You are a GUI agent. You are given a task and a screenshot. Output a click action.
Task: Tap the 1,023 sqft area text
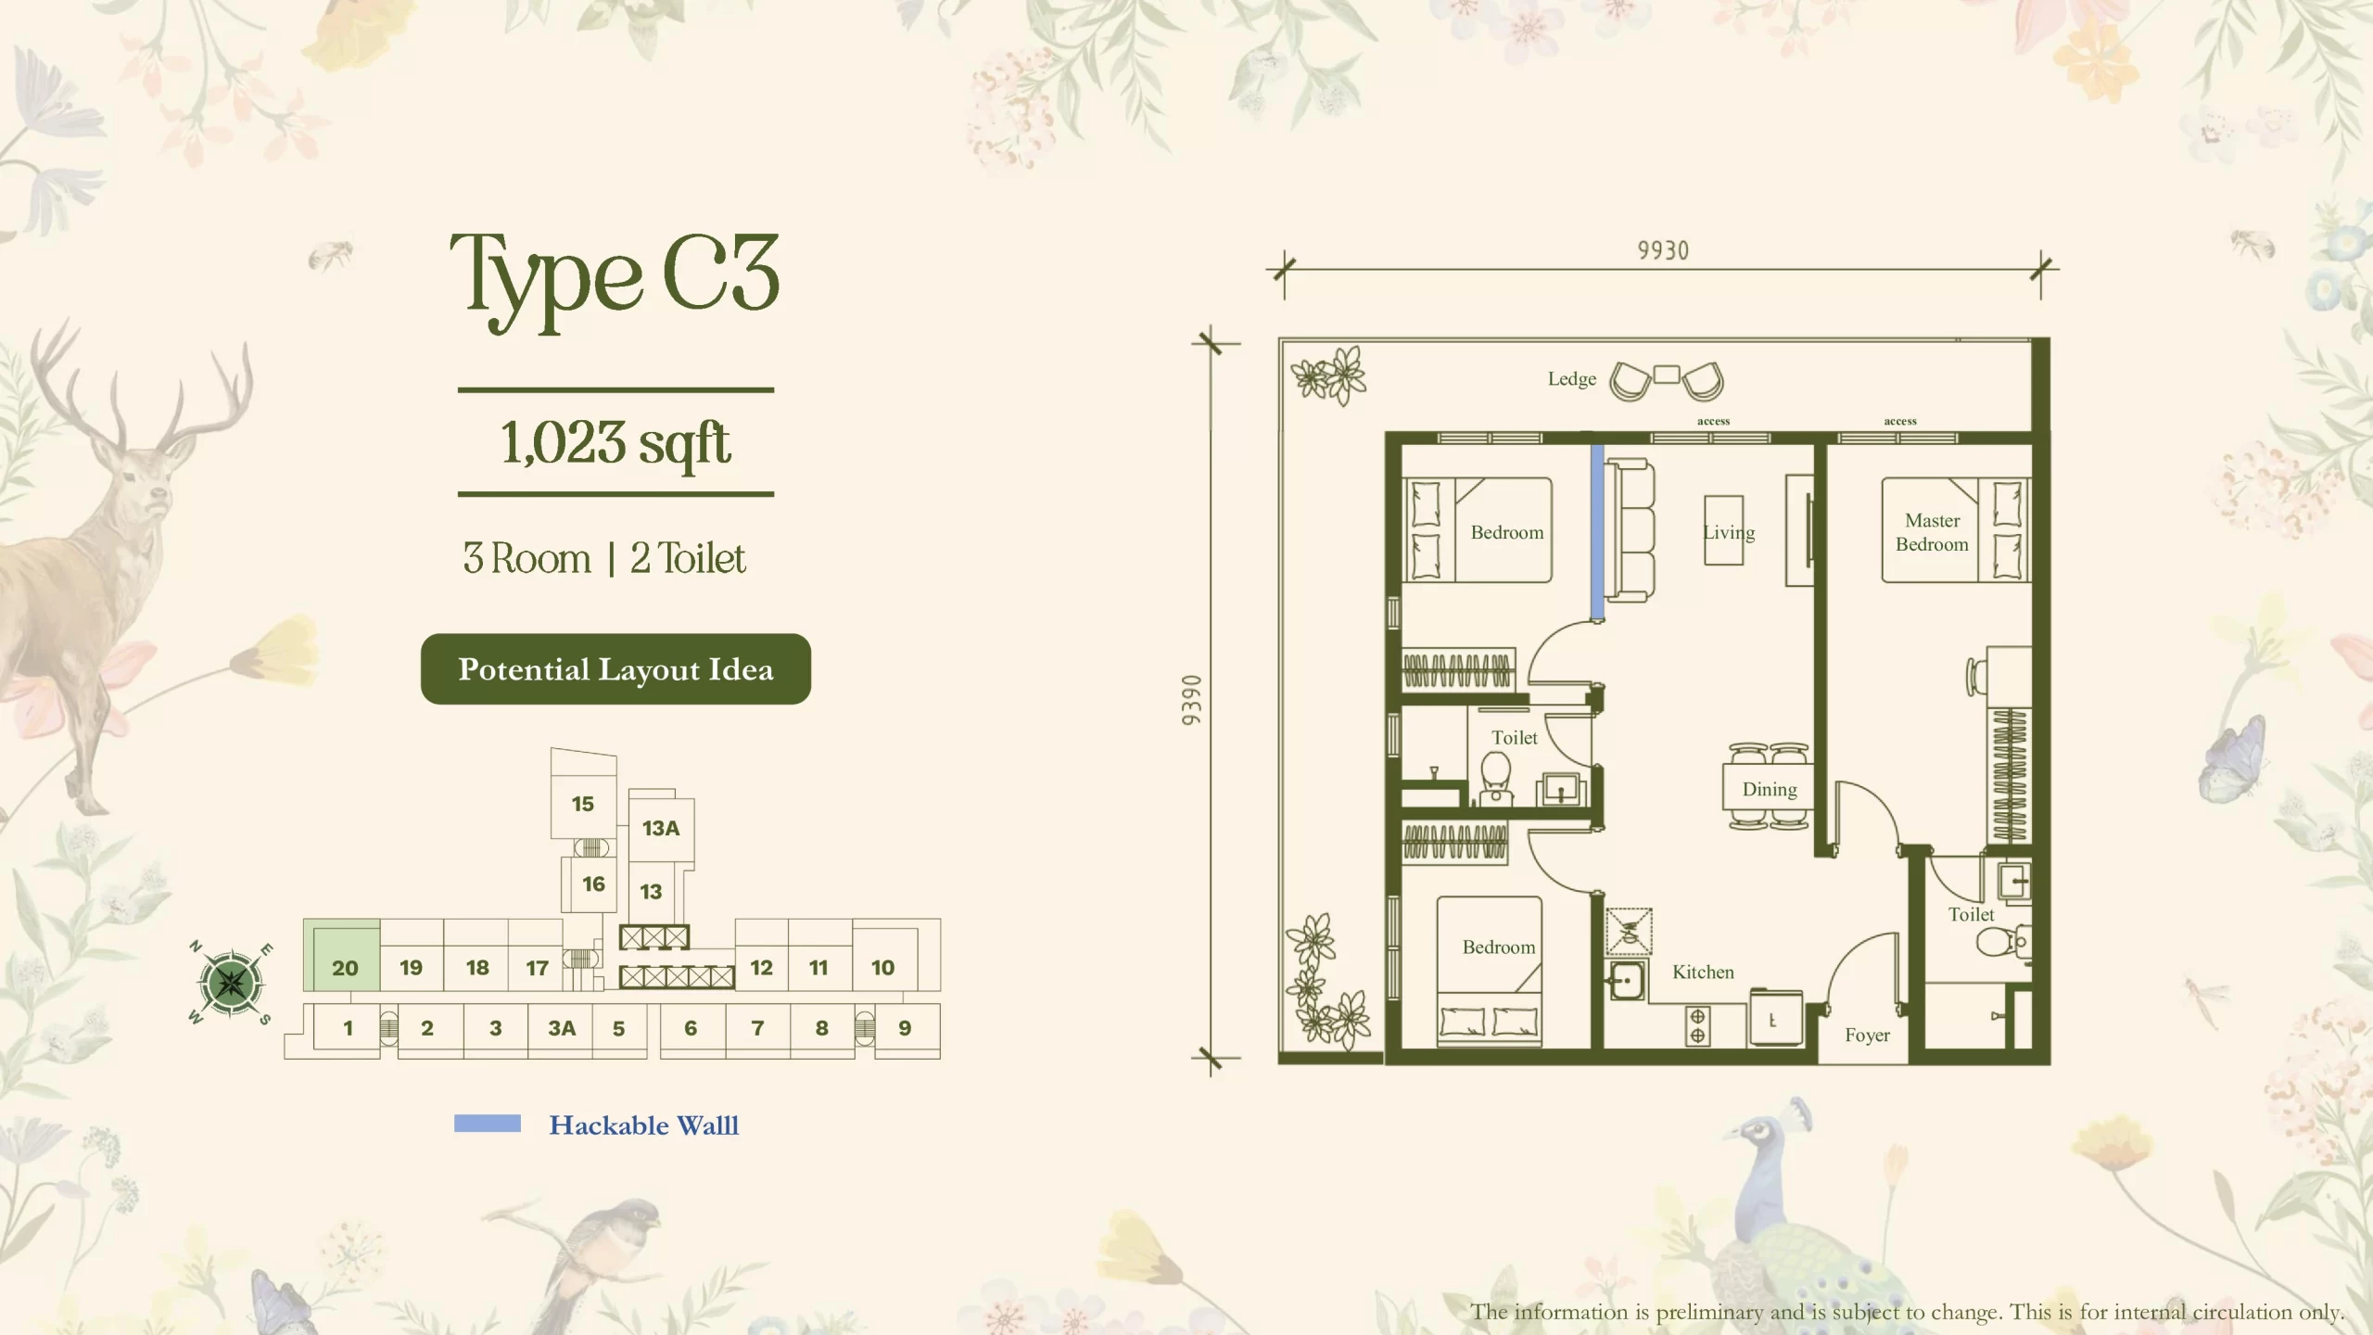tap(615, 442)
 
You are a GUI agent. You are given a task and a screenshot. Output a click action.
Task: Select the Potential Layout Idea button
tap(615, 669)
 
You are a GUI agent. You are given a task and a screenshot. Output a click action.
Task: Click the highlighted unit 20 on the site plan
tap(342, 955)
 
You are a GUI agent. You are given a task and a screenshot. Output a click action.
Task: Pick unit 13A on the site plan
tap(661, 828)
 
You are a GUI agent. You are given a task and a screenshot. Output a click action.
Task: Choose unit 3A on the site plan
tap(562, 1028)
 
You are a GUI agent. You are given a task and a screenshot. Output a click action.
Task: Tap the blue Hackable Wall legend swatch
tap(488, 1125)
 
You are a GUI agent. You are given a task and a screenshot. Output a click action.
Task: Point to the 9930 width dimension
tap(1663, 250)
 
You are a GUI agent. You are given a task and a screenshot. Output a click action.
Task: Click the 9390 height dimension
tap(1192, 700)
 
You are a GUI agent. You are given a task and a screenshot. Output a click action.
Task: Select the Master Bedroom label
tap(1932, 532)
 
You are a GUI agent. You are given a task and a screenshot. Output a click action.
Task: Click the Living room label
tap(1729, 532)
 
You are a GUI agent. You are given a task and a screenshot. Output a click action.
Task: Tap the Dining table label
tap(1770, 789)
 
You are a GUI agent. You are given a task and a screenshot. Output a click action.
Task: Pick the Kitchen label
tap(1703, 972)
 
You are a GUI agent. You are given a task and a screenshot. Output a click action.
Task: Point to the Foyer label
tap(1867, 1035)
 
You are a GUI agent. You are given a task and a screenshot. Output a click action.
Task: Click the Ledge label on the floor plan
tap(1572, 379)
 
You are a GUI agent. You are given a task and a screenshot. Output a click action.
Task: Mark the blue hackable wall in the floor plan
tap(1598, 532)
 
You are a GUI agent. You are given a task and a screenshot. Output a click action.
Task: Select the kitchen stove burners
tap(1697, 1025)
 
